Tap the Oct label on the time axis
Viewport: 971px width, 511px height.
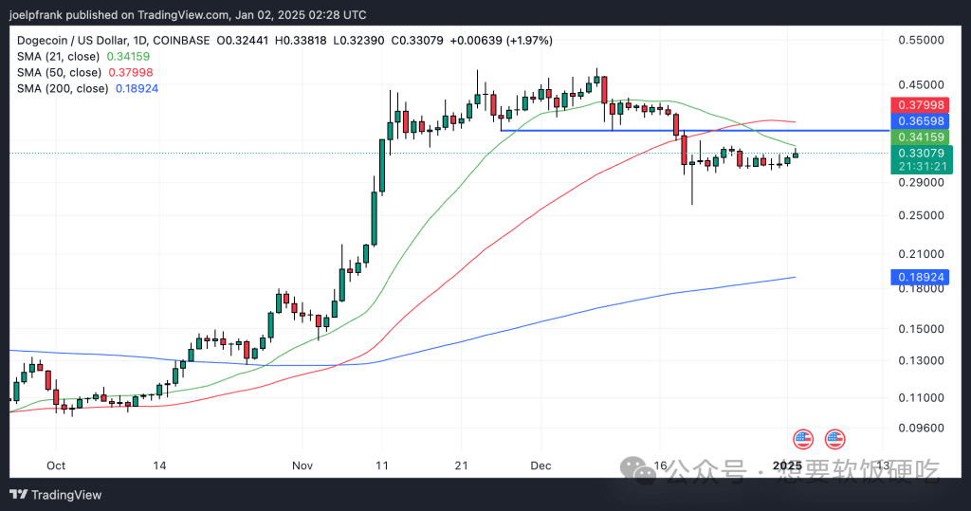tap(56, 465)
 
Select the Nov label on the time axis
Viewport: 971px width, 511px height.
tap(302, 465)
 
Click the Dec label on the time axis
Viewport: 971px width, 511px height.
tap(541, 465)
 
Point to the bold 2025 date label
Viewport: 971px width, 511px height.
tap(788, 465)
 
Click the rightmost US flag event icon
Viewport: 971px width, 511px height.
tap(834, 439)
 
